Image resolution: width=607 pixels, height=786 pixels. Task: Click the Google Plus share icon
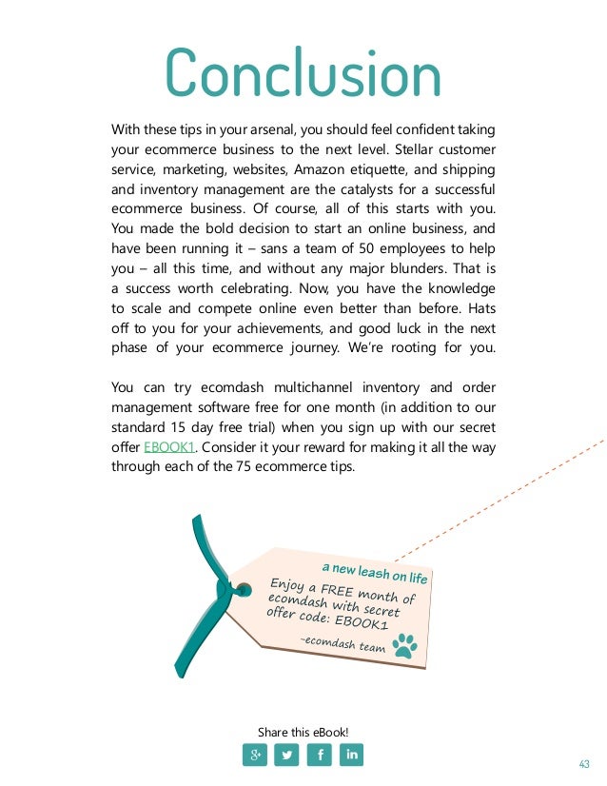pyautogui.click(x=255, y=756)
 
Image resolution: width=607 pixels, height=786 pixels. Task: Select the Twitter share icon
pyautogui.click(x=286, y=756)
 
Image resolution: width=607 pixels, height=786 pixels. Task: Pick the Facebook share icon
pyautogui.click(x=319, y=756)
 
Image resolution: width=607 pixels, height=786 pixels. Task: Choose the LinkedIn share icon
pyautogui.click(x=350, y=756)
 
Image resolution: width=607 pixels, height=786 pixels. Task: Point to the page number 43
pyautogui.click(x=584, y=764)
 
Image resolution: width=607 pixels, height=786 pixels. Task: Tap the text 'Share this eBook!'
pyautogui.click(x=303, y=732)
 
